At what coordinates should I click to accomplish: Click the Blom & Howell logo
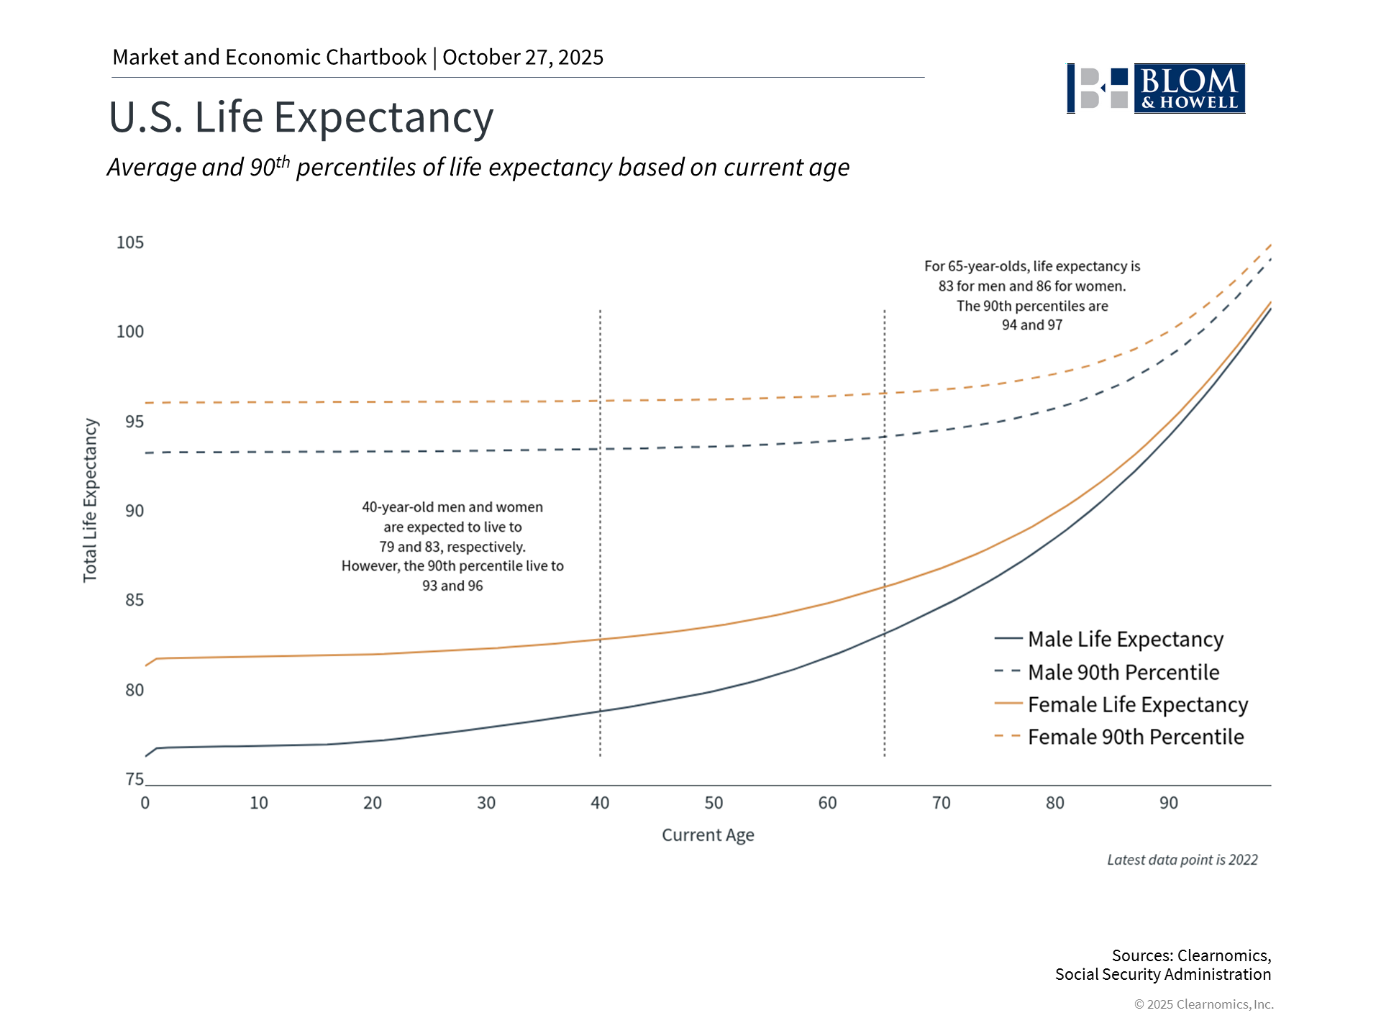tap(1156, 88)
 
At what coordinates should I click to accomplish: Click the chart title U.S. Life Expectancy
tap(301, 117)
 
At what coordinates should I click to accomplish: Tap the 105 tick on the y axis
tap(130, 242)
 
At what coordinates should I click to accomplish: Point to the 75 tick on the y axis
tap(135, 779)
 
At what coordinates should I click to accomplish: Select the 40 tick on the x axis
tap(600, 803)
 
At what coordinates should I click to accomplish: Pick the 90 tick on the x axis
tap(1169, 803)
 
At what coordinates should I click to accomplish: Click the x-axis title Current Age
tap(708, 835)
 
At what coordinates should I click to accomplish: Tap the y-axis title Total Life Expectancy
tap(90, 500)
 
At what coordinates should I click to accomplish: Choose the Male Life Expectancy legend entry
tap(1125, 639)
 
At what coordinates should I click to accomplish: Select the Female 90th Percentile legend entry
tap(1135, 737)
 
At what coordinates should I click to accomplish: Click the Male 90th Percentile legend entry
tap(1123, 672)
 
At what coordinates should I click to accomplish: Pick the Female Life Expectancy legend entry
tap(1137, 704)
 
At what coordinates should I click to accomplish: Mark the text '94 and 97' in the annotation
tap(1032, 325)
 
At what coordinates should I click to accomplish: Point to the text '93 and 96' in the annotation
tap(452, 586)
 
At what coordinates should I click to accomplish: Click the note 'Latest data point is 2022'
tap(1182, 860)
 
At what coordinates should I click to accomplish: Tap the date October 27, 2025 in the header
tap(523, 58)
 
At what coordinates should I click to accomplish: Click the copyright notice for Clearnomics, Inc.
tap(1203, 1004)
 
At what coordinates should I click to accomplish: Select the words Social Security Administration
tap(1162, 974)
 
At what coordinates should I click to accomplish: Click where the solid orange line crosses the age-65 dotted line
tap(885, 586)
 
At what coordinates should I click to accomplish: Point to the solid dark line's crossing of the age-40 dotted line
tap(600, 712)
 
